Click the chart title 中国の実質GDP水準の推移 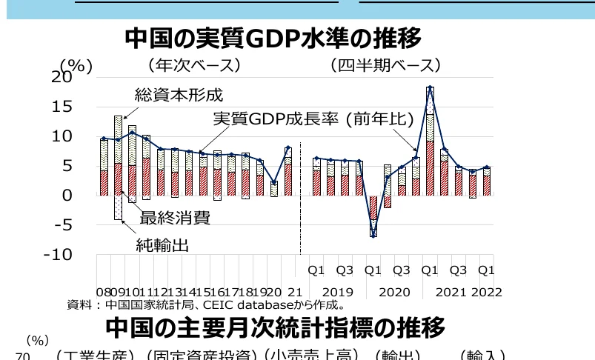273,38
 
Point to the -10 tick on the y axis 58,254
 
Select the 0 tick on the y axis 67,195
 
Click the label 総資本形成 178,96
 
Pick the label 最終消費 174,218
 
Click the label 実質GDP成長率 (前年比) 302,119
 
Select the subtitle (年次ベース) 194,65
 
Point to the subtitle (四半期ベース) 385,65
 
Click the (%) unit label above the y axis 76,66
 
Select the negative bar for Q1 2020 373,215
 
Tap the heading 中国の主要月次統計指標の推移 276,327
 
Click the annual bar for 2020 274,188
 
